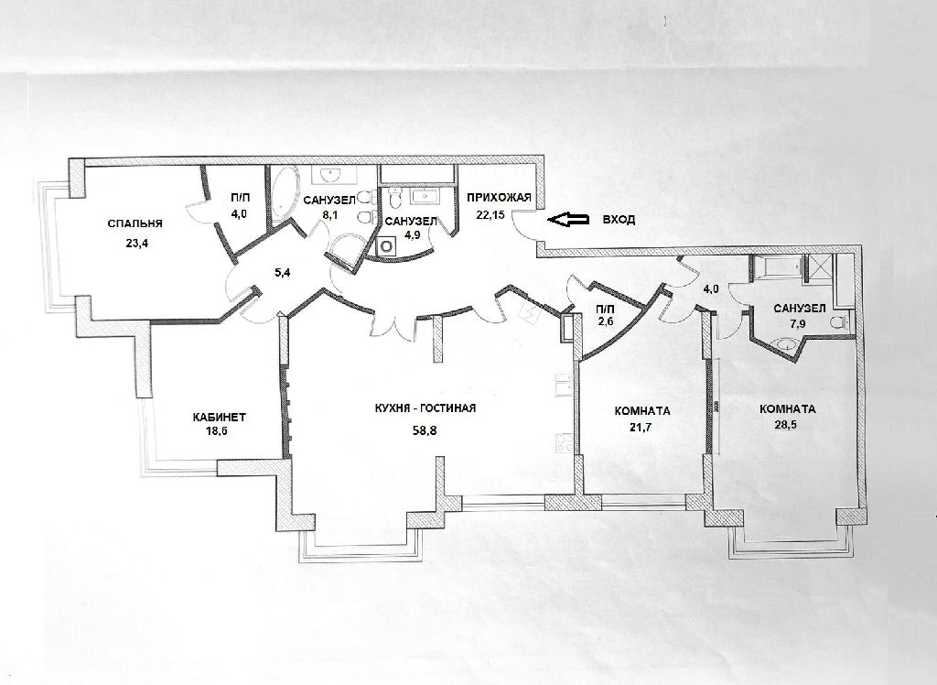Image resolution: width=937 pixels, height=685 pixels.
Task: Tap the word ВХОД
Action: click(619, 220)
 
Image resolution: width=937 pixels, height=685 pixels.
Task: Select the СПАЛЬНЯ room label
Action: click(135, 223)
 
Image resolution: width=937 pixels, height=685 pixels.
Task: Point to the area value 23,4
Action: click(135, 244)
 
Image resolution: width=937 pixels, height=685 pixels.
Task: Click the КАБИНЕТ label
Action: click(220, 417)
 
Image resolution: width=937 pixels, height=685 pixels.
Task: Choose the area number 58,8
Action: click(425, 429)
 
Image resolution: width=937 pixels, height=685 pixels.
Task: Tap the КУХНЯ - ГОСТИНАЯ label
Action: click(424, 408)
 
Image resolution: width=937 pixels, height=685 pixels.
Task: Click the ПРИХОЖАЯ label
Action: click(499, 198)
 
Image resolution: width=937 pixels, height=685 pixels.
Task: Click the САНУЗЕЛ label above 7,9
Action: click(800, 309)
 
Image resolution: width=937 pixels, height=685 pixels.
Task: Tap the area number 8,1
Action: click(329, 215)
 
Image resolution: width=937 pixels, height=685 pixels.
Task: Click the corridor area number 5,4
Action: click(282, 274)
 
